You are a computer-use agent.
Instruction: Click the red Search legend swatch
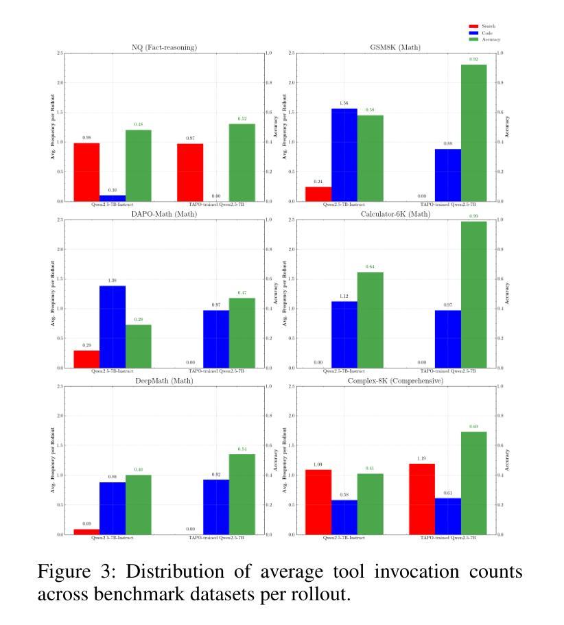point(472,26)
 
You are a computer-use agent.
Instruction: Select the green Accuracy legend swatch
point(472,39)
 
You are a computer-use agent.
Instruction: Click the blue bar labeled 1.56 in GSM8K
point(344,155)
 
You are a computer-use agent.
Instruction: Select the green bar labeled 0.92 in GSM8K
point(474,133)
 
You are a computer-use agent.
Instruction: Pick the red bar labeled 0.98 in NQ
point(87,172)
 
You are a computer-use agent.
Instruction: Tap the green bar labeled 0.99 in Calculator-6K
point(474,294)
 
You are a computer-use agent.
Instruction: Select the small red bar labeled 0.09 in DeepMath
point(87,532)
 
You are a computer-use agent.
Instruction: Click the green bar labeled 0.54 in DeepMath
point(242,494)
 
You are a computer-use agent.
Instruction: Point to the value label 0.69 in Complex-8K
point(473,427)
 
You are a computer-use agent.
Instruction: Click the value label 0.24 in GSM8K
point(318,182)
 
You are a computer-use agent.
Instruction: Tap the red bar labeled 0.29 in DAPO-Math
point(87,359)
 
